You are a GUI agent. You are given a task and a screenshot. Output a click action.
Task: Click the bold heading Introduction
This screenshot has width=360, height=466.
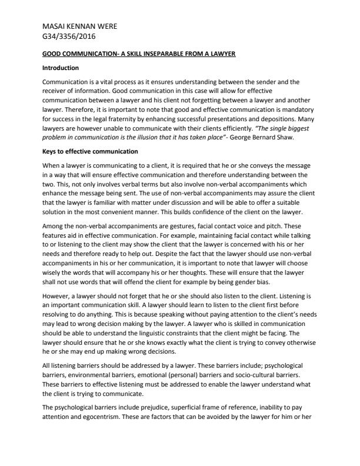[61, 69]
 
